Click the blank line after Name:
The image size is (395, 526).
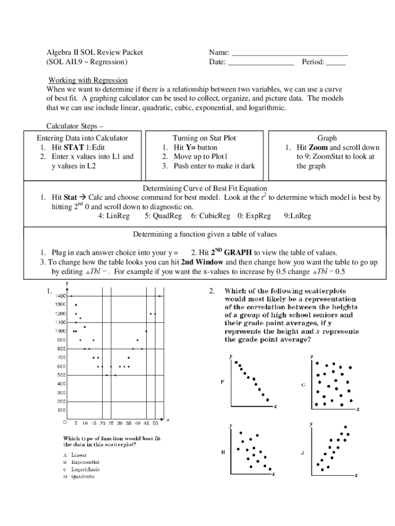(290, 54)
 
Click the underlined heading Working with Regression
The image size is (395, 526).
(88, 80)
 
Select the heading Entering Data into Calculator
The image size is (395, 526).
(82, 138)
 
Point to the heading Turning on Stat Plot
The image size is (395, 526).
(204, 138)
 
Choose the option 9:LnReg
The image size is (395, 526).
(298, 216)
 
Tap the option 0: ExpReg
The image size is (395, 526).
(254, 216)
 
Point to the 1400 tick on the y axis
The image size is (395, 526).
(60, 296)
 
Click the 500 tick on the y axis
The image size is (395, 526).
(61, 375)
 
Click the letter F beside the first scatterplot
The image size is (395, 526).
(222, 382)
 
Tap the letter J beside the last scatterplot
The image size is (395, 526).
(303, 453)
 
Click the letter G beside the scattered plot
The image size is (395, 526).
(303, 384)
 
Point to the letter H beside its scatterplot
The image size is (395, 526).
(223, 452)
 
